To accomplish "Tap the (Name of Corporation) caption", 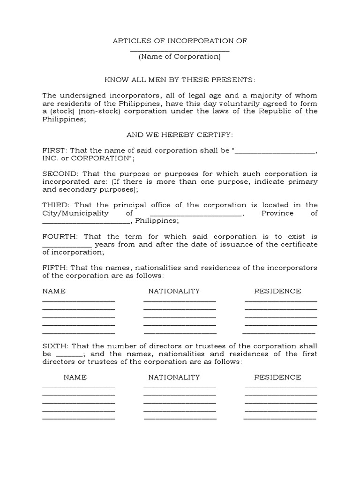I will coord(180,57).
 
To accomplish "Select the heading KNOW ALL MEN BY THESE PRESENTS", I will coord(180,80).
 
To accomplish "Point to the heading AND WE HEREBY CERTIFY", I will coord(180,135).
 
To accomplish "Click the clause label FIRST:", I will coord(54,150).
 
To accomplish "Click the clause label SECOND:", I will coord(58,174).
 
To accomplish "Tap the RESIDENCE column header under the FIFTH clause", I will coord(277,291).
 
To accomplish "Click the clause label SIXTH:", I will coord(55,346).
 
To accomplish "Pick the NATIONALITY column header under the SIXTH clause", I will coord(174,377).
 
